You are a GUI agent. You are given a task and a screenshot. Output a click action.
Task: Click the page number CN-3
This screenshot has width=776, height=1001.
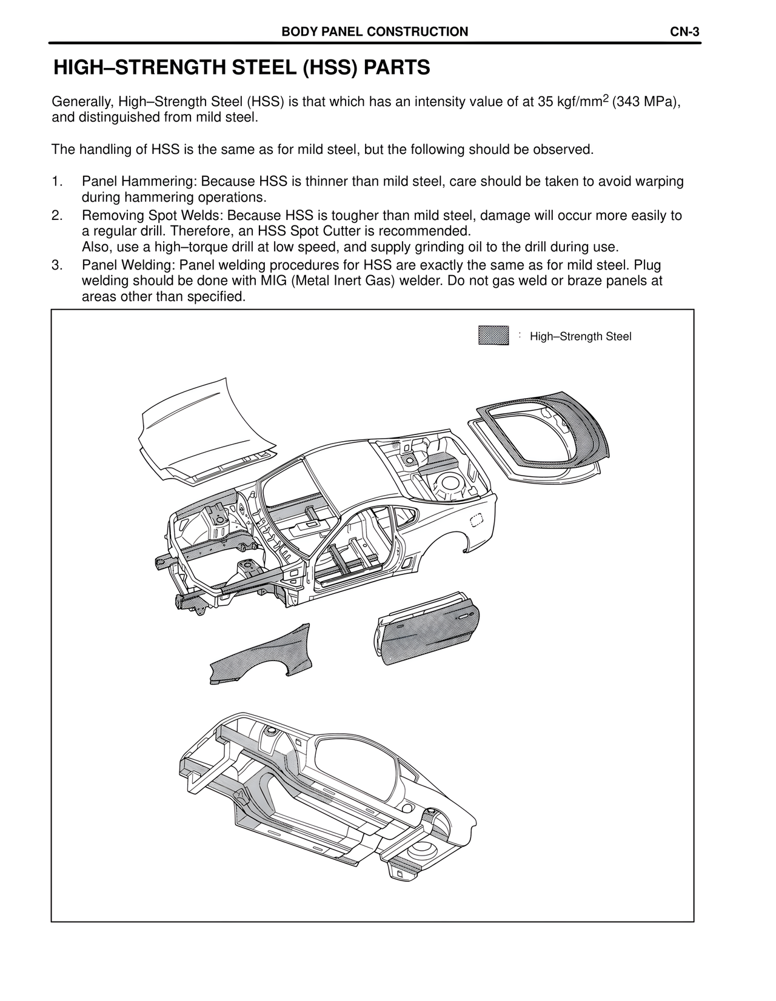click(685, 32)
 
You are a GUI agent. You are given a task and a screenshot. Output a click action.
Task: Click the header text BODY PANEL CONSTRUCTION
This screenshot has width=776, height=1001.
click(375, 32)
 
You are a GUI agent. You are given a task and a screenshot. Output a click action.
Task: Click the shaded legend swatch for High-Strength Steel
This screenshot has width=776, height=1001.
click(493, 336)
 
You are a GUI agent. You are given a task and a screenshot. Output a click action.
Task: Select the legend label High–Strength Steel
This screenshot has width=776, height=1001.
click(580, 336)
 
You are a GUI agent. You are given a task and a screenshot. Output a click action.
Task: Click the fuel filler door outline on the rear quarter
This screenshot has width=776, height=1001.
click(477, 519)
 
